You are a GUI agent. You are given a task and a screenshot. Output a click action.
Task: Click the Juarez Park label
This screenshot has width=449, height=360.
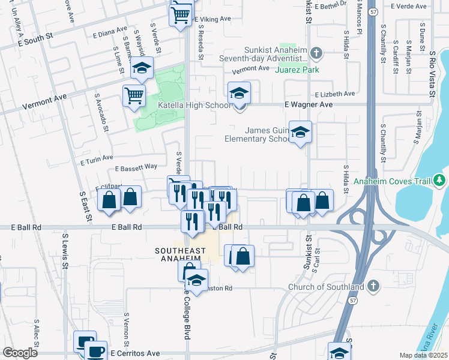tap(297, 70)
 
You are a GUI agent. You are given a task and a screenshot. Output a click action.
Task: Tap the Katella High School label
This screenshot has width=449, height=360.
tap(194, 106)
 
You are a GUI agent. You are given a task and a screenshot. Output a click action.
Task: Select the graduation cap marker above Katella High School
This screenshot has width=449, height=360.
tap(239, 94)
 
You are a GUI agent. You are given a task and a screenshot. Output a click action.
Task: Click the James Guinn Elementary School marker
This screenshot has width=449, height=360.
tap(300, 133)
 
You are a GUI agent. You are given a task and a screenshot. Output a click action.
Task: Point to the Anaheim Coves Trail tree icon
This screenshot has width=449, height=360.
tap(440, 179)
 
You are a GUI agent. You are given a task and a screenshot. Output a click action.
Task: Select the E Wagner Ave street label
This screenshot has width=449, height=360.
tap(308, 104)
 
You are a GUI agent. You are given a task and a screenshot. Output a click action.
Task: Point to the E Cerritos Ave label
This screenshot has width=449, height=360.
tap(134, 353)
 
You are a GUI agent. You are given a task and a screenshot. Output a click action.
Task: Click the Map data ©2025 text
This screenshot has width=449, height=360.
tap(423, 355)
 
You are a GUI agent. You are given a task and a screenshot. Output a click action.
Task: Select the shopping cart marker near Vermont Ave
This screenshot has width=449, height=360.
tap(134, 95)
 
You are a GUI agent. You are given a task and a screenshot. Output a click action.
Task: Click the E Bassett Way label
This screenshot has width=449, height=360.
tap(136, 167)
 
